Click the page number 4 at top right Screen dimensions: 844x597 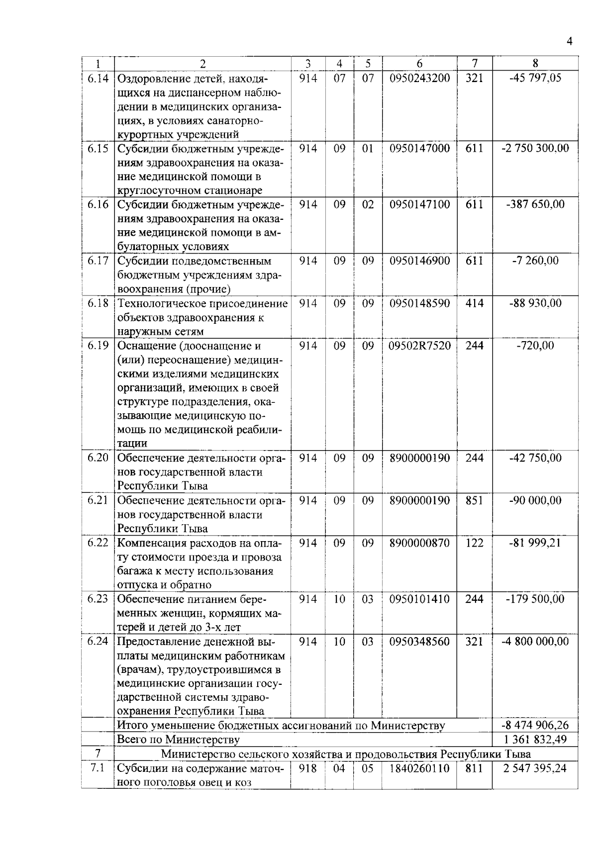[569, 42]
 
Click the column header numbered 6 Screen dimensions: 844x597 [419, 64]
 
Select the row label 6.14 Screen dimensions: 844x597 [98, 79]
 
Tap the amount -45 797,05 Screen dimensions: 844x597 [535, 78]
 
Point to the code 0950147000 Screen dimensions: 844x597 [419, 148]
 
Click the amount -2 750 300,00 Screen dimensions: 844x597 [535, 148]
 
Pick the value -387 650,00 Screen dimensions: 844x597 [535, 204]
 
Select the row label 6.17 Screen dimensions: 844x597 [98, 261]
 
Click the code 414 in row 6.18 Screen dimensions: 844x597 [474, 303]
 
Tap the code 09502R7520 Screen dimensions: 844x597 [419, 345]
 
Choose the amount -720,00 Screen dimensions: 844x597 [535, 345]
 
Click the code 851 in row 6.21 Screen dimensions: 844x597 [474, 500]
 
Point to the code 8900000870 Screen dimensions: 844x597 [419, 543]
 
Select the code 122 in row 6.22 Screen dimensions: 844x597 [474, 543]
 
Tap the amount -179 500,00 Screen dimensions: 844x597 [535, 599]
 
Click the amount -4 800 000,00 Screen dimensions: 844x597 [535, 642]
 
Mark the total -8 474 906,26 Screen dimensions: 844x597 [535, 725]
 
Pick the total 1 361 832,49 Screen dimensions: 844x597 [535, 740]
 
